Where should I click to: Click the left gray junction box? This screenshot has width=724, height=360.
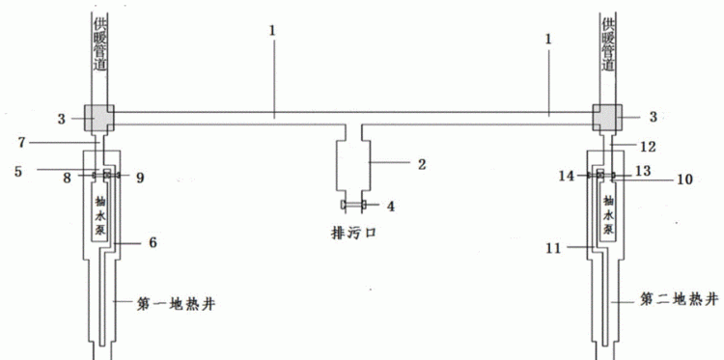pyautogui.click(x=98, y=118)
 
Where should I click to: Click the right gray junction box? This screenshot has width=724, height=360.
pyautogui.click(x=608, y=118)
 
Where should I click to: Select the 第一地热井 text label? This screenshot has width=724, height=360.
pyautogui.click(x=175, y=304)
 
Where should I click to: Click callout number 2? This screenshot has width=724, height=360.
pyautogui.click(x=422, y=164)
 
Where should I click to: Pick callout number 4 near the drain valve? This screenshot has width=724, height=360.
pyautogui.click(x=390, y=206)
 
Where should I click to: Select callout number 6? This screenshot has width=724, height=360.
pyautogui.click(x=152, y=242)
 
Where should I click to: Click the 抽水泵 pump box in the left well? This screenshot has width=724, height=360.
pyautogui.click(x=99, y=214)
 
